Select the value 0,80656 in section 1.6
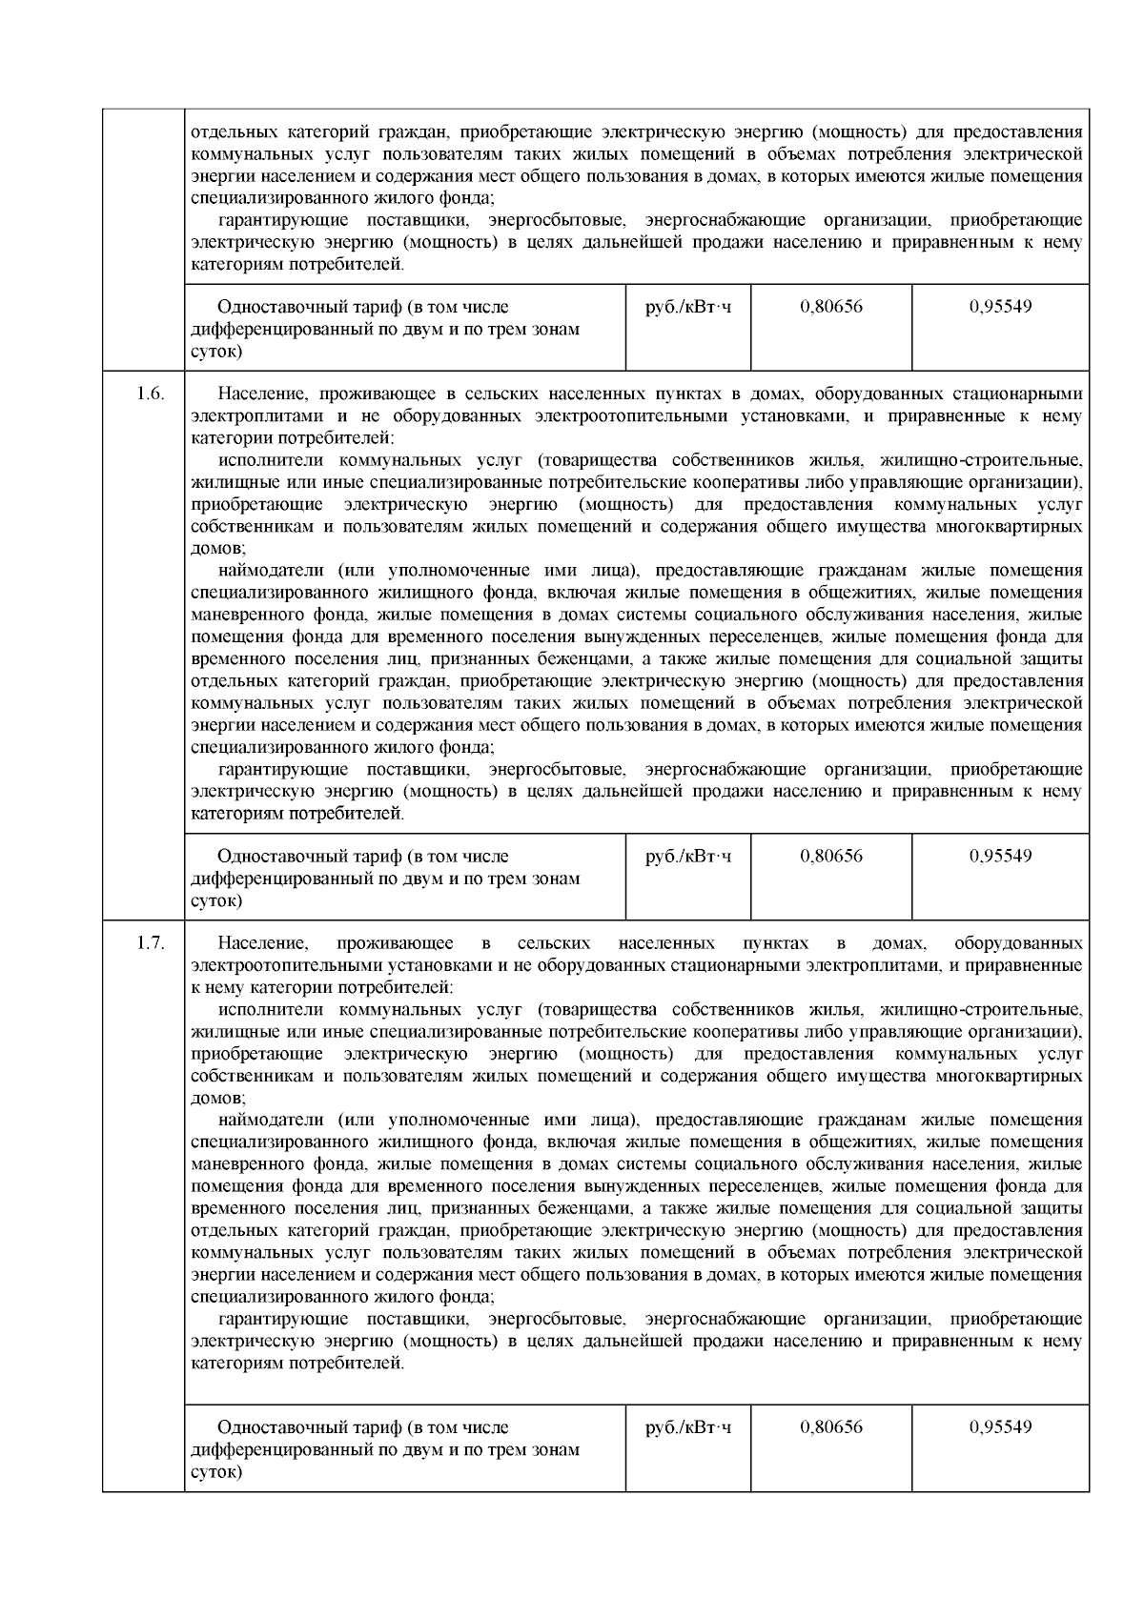831,856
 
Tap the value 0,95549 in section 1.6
1000,856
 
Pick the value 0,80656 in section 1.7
831,1427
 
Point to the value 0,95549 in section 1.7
1000,1427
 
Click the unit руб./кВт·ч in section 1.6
688,856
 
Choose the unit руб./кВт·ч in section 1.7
688,1427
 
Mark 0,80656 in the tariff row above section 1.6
831,307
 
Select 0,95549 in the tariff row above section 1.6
1000,307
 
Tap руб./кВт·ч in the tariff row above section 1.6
688,307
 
